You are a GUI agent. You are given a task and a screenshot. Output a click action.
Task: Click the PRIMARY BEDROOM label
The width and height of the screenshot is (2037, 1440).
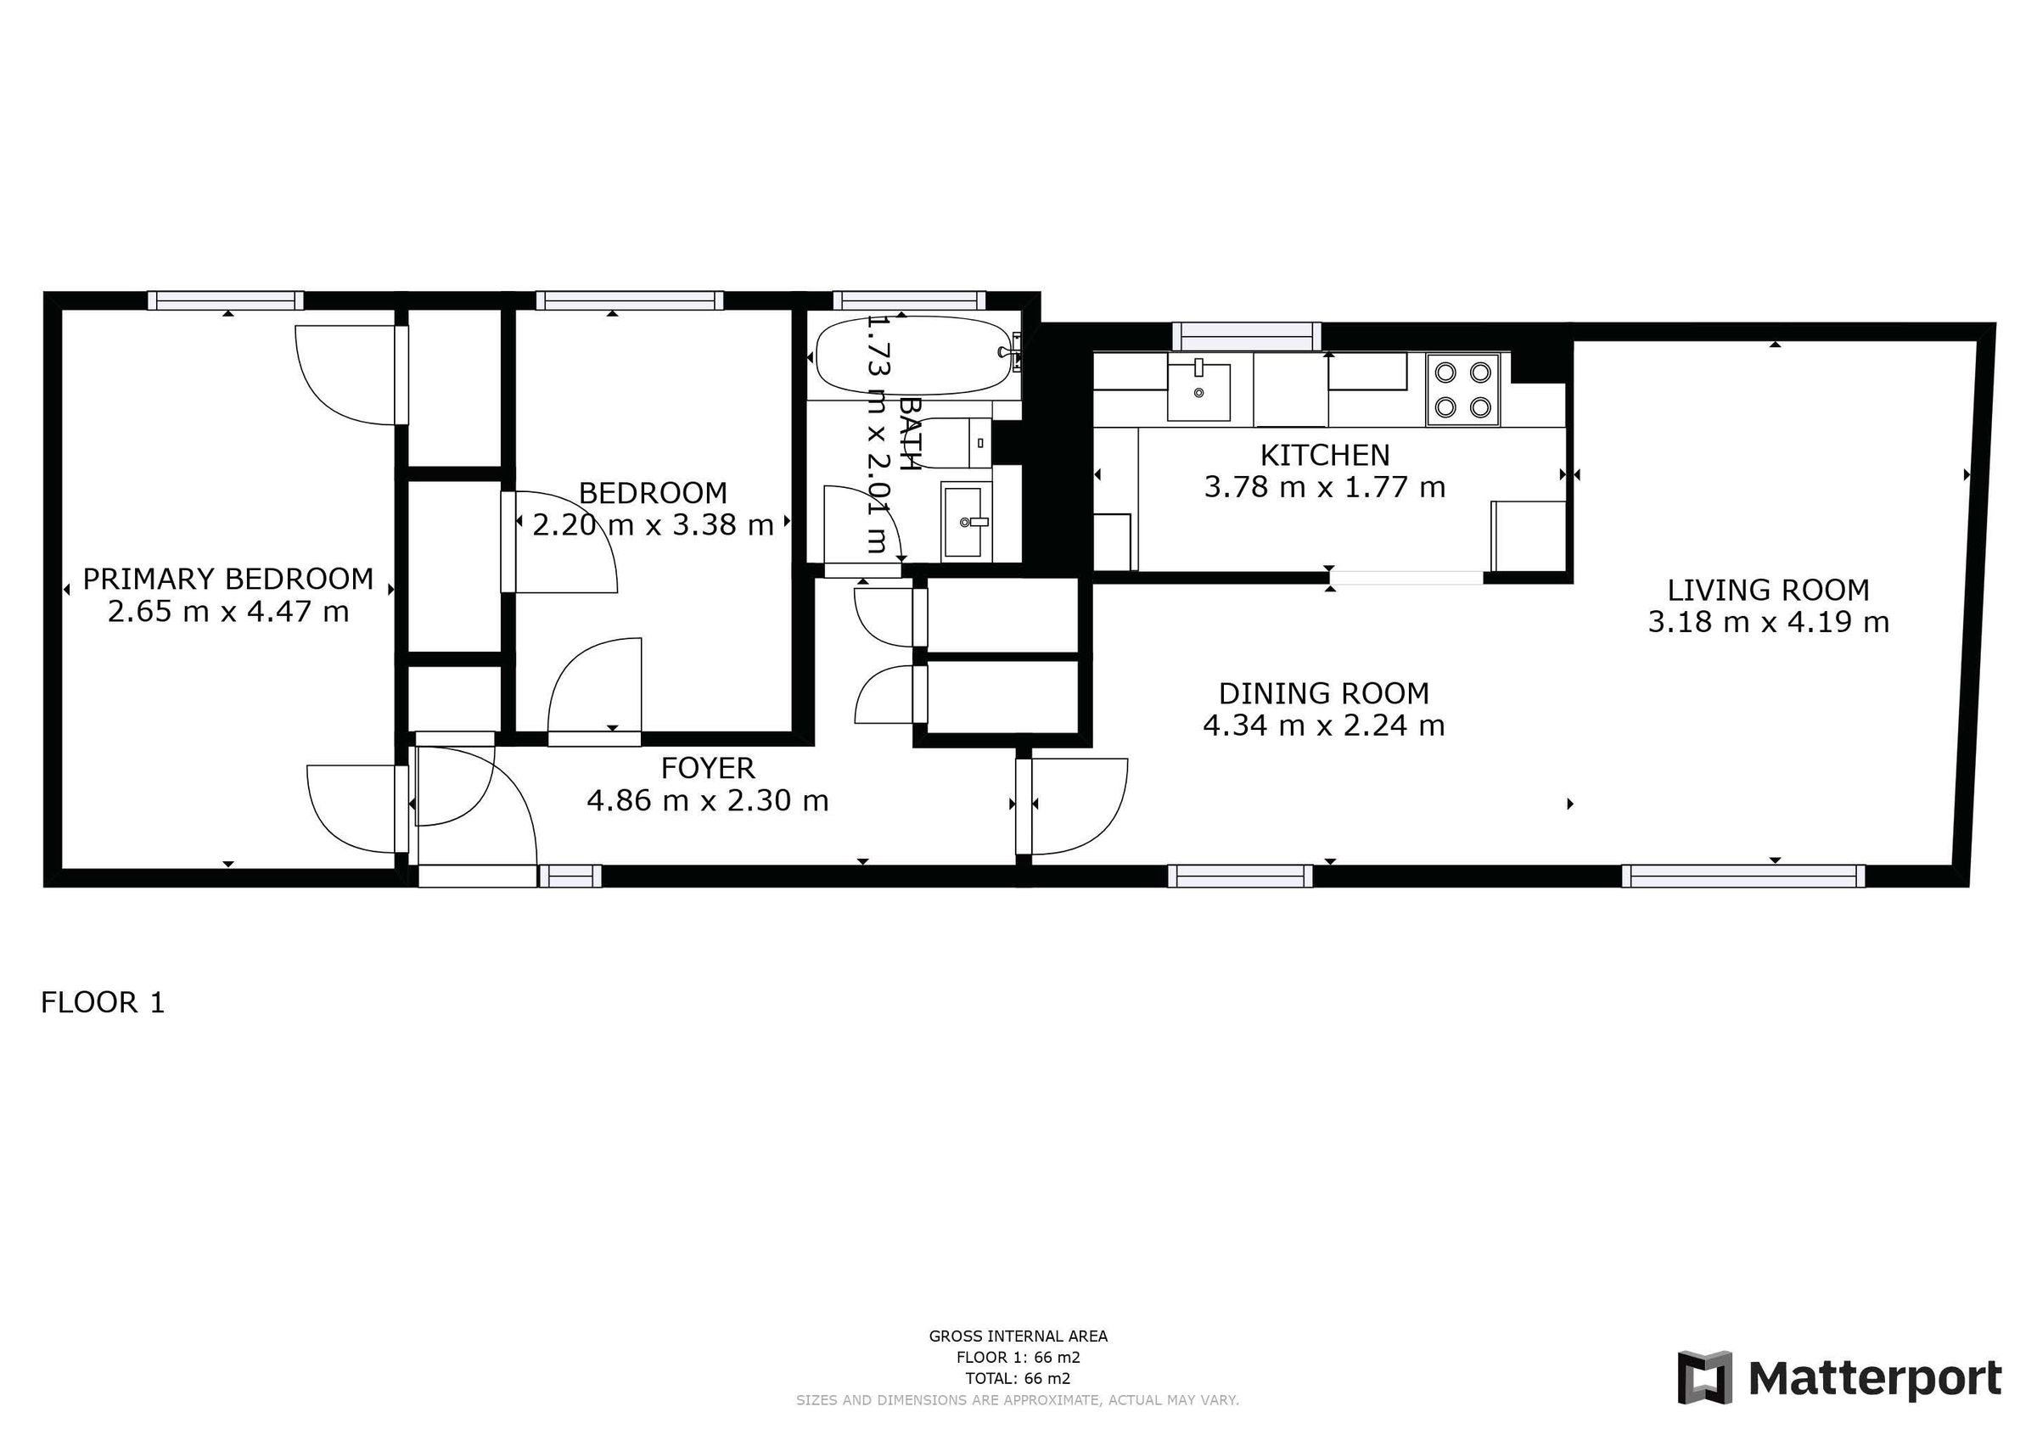(x=228, y=579)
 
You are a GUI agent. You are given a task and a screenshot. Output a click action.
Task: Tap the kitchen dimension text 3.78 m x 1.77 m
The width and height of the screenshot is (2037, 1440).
(x=1325, y=487)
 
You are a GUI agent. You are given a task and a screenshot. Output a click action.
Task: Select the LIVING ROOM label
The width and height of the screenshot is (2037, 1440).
(x=1768, y=590)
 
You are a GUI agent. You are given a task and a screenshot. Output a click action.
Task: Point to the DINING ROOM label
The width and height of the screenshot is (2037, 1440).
(x=1324, y=693)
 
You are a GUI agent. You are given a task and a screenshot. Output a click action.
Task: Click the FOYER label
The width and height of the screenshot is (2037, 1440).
(x=708, y=767)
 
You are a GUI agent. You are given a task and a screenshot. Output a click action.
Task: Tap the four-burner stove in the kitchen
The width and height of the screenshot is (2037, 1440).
(x=1462, y=390)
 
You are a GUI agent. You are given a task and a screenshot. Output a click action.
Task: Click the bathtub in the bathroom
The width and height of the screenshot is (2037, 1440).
(x=916, y=357)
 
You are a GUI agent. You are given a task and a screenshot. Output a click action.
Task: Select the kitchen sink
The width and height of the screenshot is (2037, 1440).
(x=1198, y=390)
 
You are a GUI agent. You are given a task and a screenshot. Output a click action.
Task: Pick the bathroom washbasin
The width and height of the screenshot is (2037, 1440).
(x=966, y=522)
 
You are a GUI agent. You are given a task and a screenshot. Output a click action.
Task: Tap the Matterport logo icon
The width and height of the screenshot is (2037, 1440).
(x=1704, y=1378)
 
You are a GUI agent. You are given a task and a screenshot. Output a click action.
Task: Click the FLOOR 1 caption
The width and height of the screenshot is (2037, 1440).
(x=103, y=1003)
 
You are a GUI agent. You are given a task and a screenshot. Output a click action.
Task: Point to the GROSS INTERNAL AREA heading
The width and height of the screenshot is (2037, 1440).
(x=1018, y=1336)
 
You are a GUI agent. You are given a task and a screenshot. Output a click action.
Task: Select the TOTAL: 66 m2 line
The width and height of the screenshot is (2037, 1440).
(x=1018, y=1379)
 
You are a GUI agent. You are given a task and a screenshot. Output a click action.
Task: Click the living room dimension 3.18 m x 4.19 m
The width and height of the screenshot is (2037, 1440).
(x=1768, y=622)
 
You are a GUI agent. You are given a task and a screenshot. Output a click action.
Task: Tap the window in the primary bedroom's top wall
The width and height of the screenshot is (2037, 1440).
(x=226, y=300)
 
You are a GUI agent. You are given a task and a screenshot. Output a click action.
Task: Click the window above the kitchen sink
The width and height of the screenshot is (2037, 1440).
(x=1247, y=336)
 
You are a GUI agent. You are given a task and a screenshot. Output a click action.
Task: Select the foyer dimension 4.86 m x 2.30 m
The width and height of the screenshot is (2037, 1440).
(x=708, y=800)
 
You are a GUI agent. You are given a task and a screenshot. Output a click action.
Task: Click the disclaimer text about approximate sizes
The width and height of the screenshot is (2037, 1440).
(x=1018, y=1400)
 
